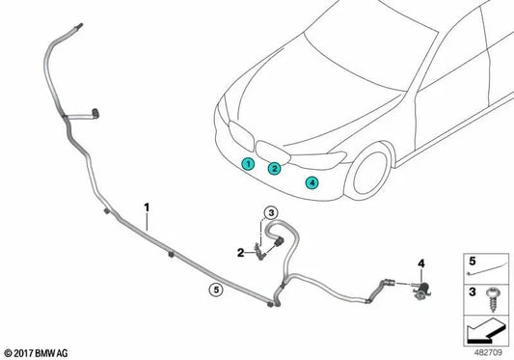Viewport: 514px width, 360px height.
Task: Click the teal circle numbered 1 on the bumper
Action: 248,163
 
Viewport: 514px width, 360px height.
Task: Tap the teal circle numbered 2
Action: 275,168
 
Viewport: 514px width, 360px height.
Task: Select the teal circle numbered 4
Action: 311,182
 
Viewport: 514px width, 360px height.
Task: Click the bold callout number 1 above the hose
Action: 147,208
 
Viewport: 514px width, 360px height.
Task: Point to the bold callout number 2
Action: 241,253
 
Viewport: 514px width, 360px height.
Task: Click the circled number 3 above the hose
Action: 271,213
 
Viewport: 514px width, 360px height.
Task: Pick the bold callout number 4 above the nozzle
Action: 420,263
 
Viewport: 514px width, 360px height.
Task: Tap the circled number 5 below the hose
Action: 216,290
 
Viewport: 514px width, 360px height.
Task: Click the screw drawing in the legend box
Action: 493,299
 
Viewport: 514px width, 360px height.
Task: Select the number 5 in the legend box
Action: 472,262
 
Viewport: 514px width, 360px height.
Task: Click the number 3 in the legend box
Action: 472,291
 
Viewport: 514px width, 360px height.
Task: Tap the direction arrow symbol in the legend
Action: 485,331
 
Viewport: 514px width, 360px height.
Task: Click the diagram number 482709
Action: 488,353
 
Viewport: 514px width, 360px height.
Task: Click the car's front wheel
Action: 369,173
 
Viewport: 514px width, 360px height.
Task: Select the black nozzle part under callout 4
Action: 422,290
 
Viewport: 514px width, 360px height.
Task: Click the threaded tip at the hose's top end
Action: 79,26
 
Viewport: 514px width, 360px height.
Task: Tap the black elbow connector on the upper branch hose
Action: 95,113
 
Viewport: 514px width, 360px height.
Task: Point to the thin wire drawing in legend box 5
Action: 486,269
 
